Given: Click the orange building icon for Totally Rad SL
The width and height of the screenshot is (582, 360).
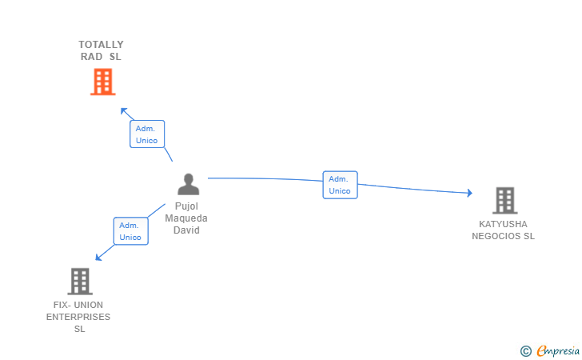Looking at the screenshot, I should pos(102,82).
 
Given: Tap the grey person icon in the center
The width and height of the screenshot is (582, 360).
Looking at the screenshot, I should pos(188,184).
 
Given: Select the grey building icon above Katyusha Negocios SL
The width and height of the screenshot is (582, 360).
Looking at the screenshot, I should pos(504,200).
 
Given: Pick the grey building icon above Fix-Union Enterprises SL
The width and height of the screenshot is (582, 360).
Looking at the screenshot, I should pos(79,281).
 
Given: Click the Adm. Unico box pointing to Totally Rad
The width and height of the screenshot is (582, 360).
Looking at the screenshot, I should pos(147,134).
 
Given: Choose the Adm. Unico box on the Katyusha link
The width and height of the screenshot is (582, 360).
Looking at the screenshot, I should pos(340,185).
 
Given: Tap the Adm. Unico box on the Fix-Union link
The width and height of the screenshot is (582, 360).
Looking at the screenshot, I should pos(130,230).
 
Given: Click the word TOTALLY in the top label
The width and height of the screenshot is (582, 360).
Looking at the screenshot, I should pos(102,45).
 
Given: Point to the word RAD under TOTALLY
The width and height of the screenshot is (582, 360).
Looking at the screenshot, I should pos(92,57).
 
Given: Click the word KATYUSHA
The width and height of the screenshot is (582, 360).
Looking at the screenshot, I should pos(504,224).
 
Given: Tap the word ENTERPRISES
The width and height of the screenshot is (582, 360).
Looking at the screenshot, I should pos(78,317).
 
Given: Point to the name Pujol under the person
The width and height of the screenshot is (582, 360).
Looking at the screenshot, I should pos(187,206).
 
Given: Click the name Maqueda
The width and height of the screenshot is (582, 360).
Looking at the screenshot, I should pos(187,218).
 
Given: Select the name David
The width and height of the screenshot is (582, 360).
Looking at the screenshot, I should pos(187,230).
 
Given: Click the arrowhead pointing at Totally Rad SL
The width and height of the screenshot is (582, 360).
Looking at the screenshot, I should pos(122,110).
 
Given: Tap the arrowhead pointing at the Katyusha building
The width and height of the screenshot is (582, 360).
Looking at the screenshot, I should pos(469,193).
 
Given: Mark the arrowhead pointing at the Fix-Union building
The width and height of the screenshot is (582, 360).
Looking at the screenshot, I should pos(98,258).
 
